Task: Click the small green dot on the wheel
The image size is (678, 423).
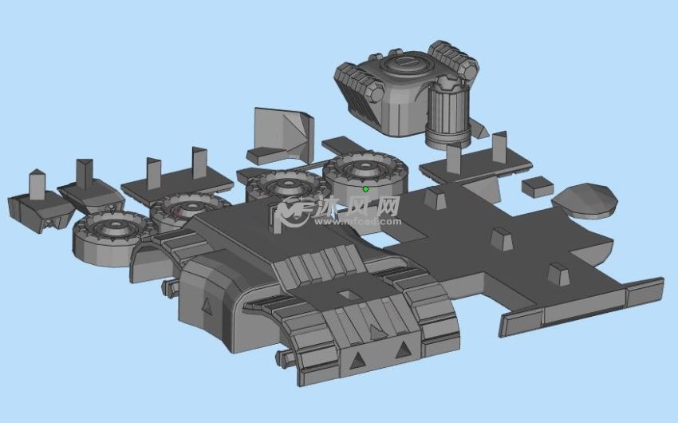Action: tap(365, 189)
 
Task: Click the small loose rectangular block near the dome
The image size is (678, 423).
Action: tap(537, 187)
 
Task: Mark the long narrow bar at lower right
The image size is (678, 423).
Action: tap(582, 306)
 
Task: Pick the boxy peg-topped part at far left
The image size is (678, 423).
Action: tap(37, 204)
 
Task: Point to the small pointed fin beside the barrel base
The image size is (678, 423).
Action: tap(479, 128)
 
